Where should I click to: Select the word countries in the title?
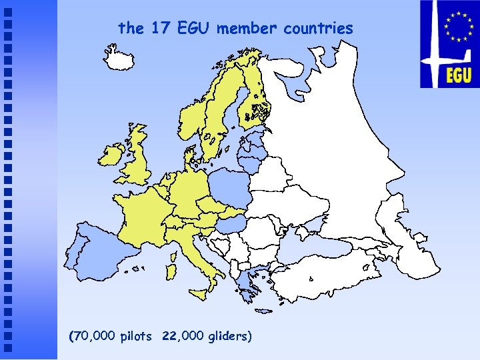pyautogui.click(x=318, y=28)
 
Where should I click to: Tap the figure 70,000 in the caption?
pyautogui.click(x=94, y=336)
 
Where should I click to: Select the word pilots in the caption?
pyautogui.click(x=137, y=336)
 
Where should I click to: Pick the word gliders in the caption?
pyautogui.click(x=229, y=336)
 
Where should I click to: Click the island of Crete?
pyautogui.click(x=265, y=310)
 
